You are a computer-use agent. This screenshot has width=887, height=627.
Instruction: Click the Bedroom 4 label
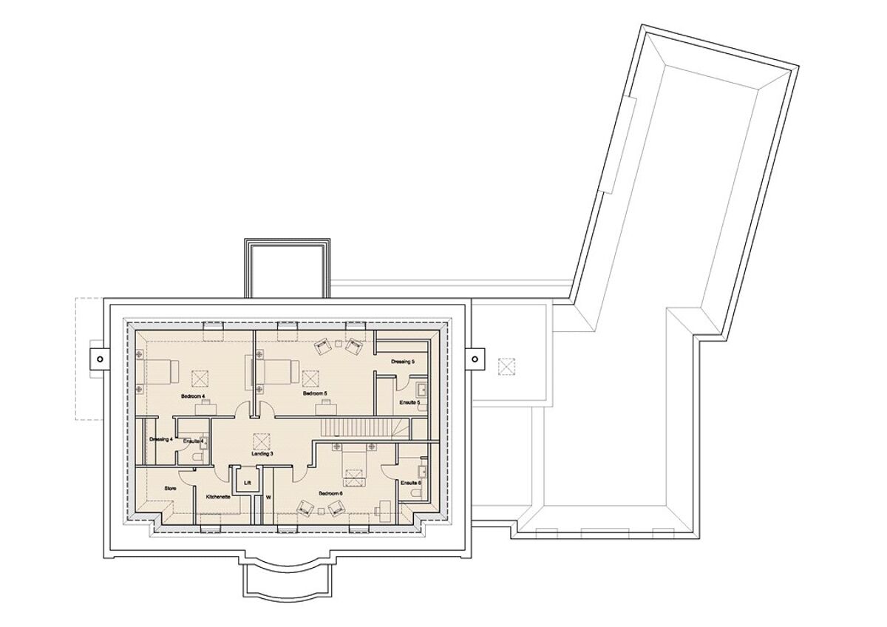(x=193, y=397)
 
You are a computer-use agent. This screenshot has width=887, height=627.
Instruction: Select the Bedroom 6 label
(x=330, y=493)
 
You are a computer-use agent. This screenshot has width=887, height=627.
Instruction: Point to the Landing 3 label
(x=262, y=453)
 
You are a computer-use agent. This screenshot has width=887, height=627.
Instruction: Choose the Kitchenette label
(x=218, y=497)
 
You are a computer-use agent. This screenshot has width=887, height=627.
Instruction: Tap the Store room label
(x=170, y=489)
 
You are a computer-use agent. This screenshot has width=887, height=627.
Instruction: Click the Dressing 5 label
(x=403, y=362)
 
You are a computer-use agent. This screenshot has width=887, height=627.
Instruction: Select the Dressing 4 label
(x=160, y=440)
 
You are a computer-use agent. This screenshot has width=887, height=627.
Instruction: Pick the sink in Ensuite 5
(x=422, y=390)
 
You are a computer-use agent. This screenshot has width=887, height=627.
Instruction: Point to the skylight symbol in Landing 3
(x=260, y=441)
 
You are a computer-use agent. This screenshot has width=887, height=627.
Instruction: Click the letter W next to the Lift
(x=268, y=498)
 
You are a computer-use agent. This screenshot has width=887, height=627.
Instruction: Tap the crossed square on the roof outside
(x=506, y=365)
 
